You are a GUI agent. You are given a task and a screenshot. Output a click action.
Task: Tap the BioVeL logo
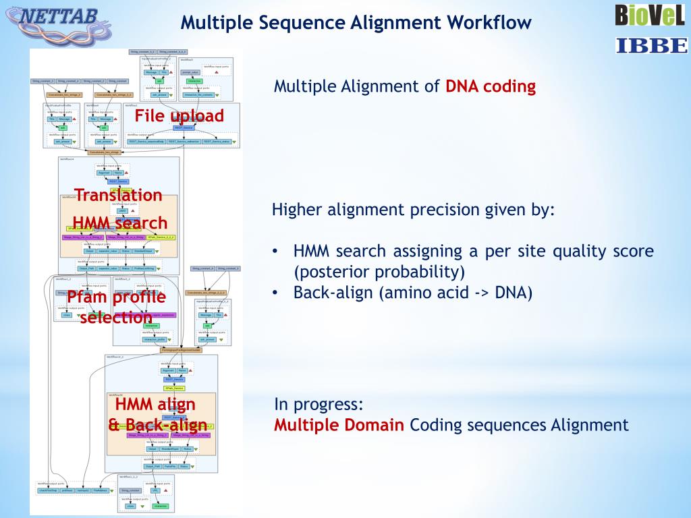point(650,15)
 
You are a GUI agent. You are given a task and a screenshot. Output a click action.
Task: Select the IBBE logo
point(651,45)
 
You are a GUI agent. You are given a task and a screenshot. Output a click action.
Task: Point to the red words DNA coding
point(491,86)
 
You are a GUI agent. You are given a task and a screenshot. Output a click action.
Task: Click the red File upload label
point(179,116)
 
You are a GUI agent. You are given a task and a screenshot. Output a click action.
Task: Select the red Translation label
point(119,195)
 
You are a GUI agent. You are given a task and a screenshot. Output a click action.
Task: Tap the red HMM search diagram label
point(119,223)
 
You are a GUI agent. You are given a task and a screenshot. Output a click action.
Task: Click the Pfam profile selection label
point(116,307)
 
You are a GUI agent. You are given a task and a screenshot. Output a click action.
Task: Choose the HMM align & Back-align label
point(157,415)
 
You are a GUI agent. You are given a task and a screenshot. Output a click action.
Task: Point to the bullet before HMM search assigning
point(276,252)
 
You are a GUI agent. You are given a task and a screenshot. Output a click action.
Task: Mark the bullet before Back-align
point(276,293)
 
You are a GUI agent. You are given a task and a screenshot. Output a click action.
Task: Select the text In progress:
point(319,405)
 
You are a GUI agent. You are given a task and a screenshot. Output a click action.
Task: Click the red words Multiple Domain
point(339,426)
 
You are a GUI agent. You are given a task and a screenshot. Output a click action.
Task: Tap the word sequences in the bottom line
point(513,426)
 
